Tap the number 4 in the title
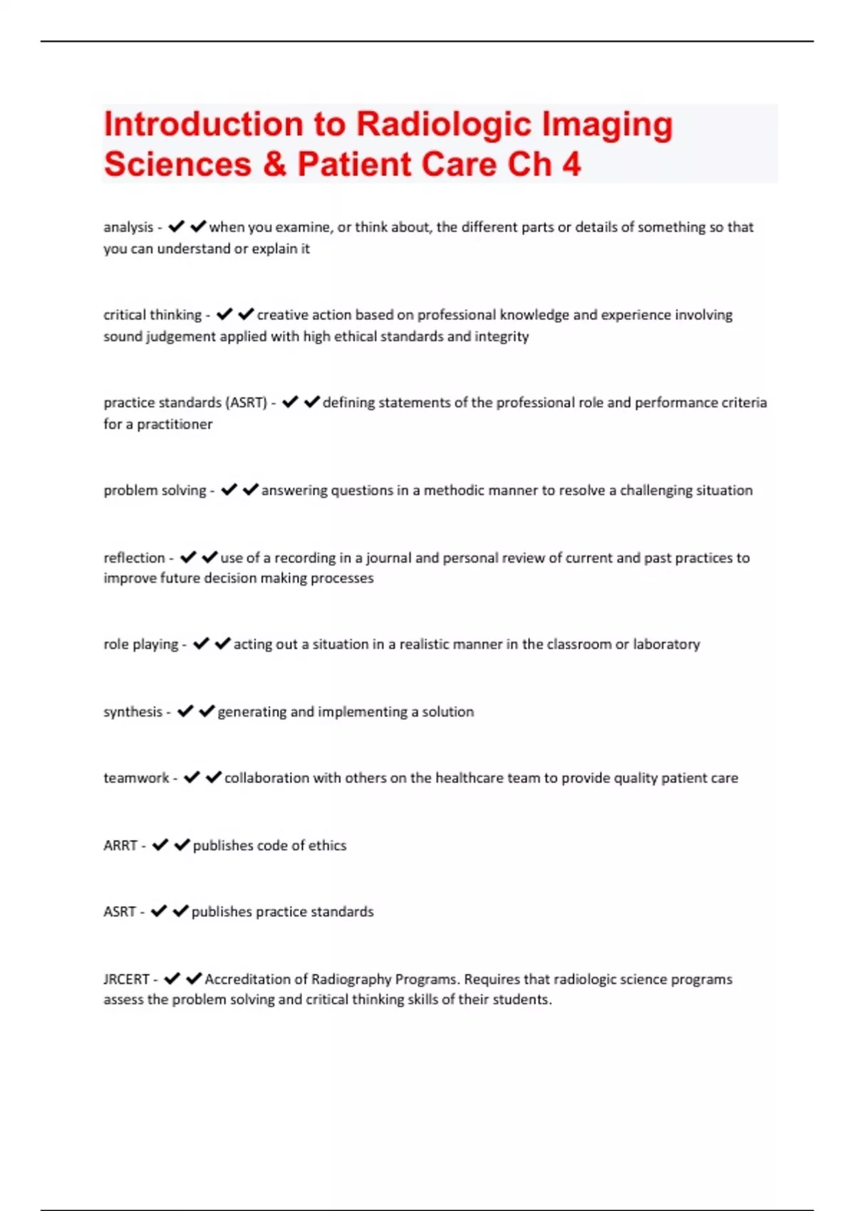pyautogui.click(x=571, y=165)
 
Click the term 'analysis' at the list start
pyautogui.click(x=128, y=227)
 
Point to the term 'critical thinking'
pyautogui.click(x=152, y=315)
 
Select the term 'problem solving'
pyautogui.click(x=155, y=491)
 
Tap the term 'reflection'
pyautogui.click(x=134, y=558)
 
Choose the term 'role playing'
pyautogui.click(x=141, y=645)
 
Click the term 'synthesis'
pyautogui.click(x=133, y=712)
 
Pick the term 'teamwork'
pyautogui.click(x=136, y=778)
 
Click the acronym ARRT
pyautogui.click(x=120, y=846)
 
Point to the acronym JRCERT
pyautogui.click(x=126, y=979)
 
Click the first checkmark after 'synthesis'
pyautogui.click(x=185, y=711)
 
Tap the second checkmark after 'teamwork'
pyautogui.click(x=214, y=777)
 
